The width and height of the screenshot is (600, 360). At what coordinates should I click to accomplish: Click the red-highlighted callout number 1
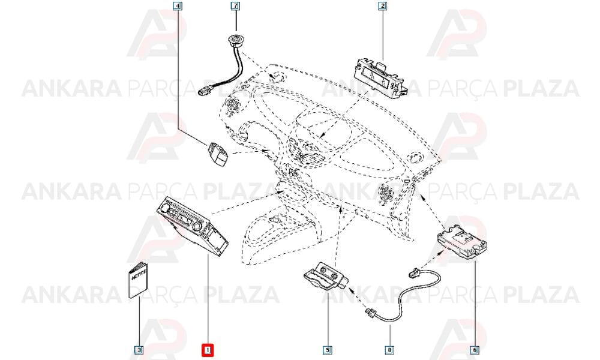click(x=208, y=350)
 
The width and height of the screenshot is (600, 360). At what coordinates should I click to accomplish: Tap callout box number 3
click(x=139, y=350)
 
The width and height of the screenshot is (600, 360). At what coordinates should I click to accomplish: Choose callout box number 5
click(x=328, y=350)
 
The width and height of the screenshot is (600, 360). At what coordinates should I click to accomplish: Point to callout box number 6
click(x=475, y=350)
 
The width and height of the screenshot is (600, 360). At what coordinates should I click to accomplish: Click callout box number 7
click(x=236, y=6)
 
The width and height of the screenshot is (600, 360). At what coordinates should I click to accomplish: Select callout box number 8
click(x=389, y=350)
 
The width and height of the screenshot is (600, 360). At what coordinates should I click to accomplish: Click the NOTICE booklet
click(x=138, y=280)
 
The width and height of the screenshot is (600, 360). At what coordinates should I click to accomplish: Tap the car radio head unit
click(x=193, y=226)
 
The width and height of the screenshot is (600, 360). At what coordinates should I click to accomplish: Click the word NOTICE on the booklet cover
click(x=139, y=275)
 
